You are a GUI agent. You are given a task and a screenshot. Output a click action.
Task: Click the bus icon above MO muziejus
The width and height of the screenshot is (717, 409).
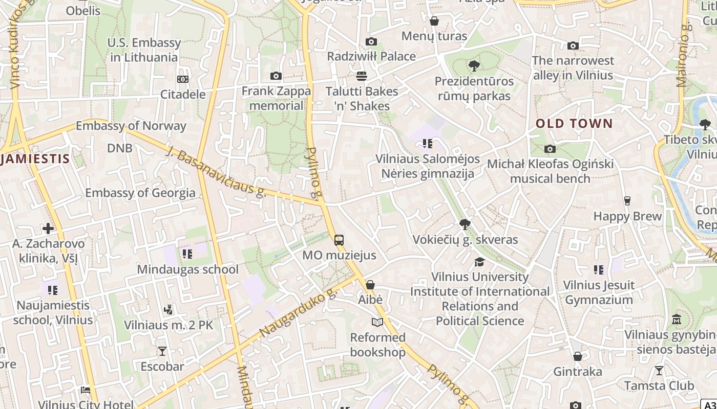point(339,240)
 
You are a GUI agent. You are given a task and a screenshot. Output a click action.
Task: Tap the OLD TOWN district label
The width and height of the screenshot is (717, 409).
point(574,123)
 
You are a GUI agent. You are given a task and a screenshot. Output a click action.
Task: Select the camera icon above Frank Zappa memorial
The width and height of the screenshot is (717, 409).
point(276,76)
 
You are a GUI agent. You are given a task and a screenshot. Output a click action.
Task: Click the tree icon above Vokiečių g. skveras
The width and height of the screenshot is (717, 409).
point(465,224)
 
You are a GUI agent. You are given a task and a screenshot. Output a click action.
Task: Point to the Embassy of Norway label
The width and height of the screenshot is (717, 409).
point(131,126)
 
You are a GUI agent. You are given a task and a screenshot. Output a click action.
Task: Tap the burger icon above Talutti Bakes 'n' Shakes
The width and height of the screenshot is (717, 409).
point(361,76)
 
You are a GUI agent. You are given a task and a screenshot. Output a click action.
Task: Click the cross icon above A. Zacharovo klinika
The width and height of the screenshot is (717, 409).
point(48,228)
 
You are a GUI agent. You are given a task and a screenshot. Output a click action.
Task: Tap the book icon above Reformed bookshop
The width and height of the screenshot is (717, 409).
point(377,322)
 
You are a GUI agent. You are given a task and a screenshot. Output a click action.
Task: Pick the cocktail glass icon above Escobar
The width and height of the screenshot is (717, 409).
point(162,351)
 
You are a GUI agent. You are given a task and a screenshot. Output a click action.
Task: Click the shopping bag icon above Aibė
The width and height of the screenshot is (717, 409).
point(370,284)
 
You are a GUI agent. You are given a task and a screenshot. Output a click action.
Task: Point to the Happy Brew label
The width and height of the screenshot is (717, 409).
point(627,216)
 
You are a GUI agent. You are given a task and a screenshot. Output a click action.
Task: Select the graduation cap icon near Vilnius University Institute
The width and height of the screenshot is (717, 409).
point(479,262)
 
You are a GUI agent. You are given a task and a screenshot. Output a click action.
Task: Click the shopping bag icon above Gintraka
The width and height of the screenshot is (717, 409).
point(577,356)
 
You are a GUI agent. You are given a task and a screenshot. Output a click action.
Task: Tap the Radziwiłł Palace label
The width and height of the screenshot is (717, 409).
point(371,56)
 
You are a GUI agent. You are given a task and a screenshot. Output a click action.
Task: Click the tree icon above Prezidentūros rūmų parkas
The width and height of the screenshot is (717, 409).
point(474,65)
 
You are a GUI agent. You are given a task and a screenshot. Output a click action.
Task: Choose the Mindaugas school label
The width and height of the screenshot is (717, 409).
point(188,269)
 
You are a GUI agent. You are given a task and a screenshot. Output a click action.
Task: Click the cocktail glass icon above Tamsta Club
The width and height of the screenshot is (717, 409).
point(659,370)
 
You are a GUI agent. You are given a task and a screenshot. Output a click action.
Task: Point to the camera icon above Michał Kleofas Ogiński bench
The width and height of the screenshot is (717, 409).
point(550,149)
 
